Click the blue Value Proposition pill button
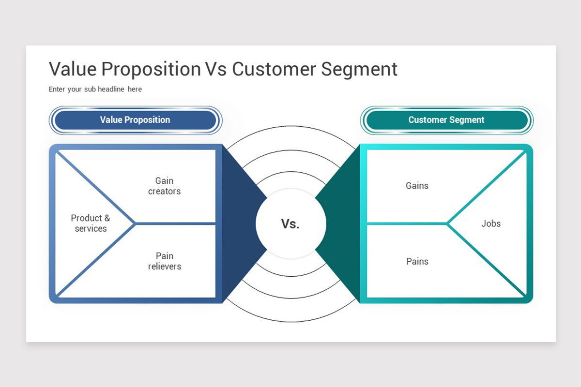point(136,120)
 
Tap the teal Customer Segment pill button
point(446,120)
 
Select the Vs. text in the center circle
point(290,223)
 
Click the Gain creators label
point(164,186)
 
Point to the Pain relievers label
point(165,261)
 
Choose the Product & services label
point(91,223)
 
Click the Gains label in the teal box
point(417,186)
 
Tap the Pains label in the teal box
point(417,261)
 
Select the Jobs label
point(491,223)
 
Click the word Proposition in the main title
point(151,70)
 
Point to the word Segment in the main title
point(359,70)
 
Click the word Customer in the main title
point(274,69)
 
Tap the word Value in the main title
point(73,69)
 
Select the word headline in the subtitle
point(111,89)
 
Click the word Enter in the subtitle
point(57,89)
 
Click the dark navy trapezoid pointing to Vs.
point(245,223)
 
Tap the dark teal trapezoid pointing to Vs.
point(338,223)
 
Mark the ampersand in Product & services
point(107,218)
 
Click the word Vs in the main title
point(216,69)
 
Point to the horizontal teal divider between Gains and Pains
point(407,223)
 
